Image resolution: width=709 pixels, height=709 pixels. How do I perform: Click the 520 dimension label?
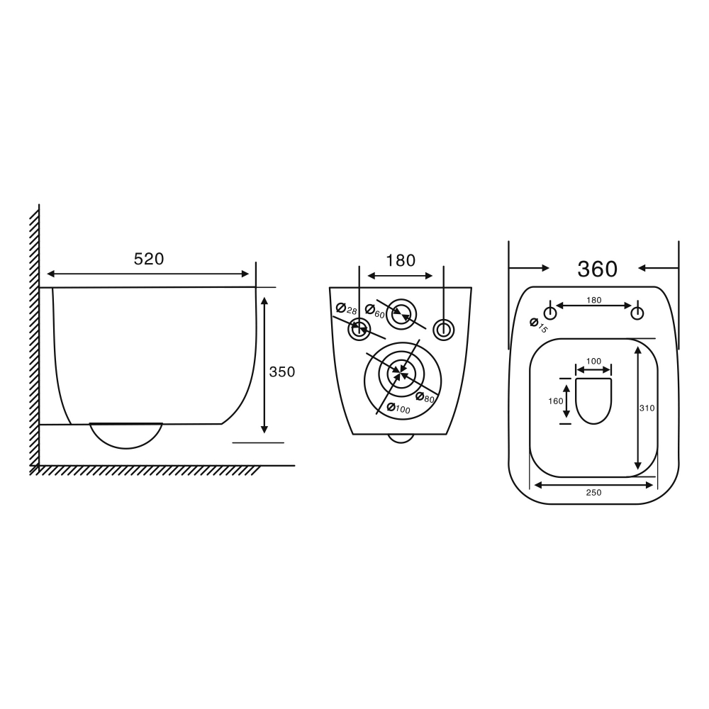(x=149, y=259)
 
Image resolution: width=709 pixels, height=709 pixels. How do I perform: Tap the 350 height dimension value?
(x=281, y=372)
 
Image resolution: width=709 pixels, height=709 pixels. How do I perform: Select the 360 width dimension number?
(x=597, y=269)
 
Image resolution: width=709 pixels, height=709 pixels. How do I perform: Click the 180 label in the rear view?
(x=401, y=260)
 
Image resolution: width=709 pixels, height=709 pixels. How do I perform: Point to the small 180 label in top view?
(x=593, y=300)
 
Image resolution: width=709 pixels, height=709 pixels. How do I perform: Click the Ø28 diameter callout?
(x=347, y=309)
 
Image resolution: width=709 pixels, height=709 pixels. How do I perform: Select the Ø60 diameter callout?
(x=375, y=311)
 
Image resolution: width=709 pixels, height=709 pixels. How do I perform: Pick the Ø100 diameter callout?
(x=398, y=409)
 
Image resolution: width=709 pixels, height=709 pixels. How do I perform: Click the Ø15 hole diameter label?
(x=539, y=325)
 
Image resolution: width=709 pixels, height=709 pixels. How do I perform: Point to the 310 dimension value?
(x=646, y=408)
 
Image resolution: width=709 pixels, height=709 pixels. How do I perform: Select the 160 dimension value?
(x=556, y=401)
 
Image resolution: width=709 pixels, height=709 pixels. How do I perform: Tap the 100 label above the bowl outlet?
(x=593, y=362)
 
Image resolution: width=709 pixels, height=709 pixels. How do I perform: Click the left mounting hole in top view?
(x=549, y=313)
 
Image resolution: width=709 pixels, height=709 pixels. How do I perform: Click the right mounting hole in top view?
(x=638, y=313)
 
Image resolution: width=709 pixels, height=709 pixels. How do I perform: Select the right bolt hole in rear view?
(x=443, y=329)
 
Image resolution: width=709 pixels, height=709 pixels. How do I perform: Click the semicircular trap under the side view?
(x=125, y=434)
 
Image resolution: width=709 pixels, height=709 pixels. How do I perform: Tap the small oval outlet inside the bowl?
(x=593, y=401)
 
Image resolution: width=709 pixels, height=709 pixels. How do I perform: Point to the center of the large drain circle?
(x=402, y=372)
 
